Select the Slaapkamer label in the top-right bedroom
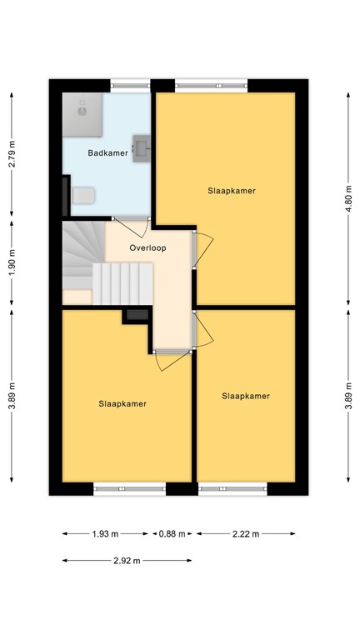[231, 191]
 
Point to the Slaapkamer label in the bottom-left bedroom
[122, 403]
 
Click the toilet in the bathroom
[83, 195]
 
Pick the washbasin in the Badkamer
[142, 147]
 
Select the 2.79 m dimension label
[12, 153]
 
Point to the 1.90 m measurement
[12, 263]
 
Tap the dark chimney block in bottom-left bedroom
[136, 315]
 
